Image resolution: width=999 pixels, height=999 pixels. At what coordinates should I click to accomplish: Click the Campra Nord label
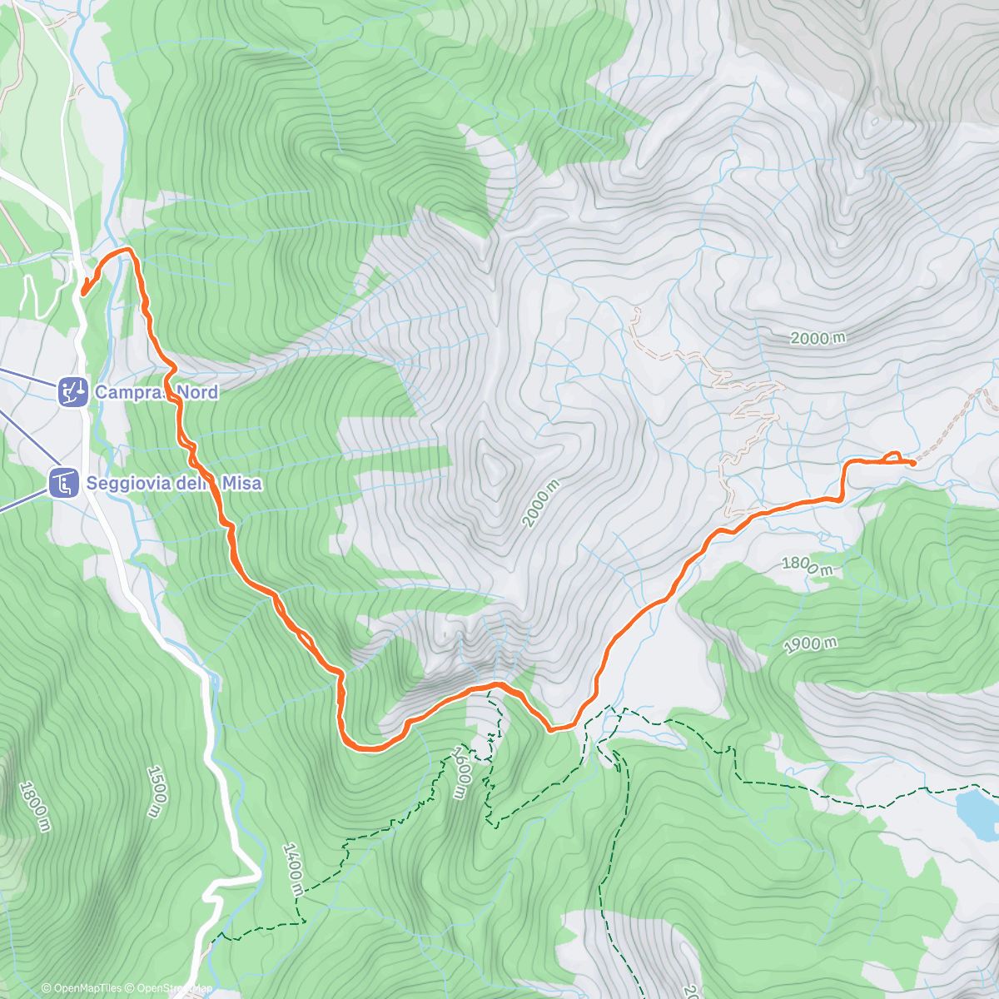pos(156,392)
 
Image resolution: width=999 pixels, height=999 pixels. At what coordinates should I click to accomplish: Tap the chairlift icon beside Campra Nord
pos(73,391)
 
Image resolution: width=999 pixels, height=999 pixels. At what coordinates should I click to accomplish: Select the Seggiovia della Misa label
pos(173,483)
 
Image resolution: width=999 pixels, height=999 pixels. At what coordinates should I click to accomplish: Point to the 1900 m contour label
pos(810,645)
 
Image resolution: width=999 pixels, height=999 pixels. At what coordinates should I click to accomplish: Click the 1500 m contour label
pos(156,791)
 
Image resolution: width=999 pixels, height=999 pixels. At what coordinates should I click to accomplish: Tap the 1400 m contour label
pos(292,869)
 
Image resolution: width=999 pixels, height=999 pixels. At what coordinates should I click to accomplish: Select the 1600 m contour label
pos(460,773)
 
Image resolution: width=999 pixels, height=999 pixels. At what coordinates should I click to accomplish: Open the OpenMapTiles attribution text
pos(82,988)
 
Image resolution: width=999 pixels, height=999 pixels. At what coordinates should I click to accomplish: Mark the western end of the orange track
pos(83,291)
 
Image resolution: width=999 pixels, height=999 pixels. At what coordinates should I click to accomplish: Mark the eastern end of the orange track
pos(913,462)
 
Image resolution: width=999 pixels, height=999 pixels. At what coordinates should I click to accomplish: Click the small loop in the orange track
pos(892,455)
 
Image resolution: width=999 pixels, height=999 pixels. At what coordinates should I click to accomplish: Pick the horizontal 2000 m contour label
pos(818,338)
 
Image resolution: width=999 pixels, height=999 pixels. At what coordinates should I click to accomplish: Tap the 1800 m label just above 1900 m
pos(807,565)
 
